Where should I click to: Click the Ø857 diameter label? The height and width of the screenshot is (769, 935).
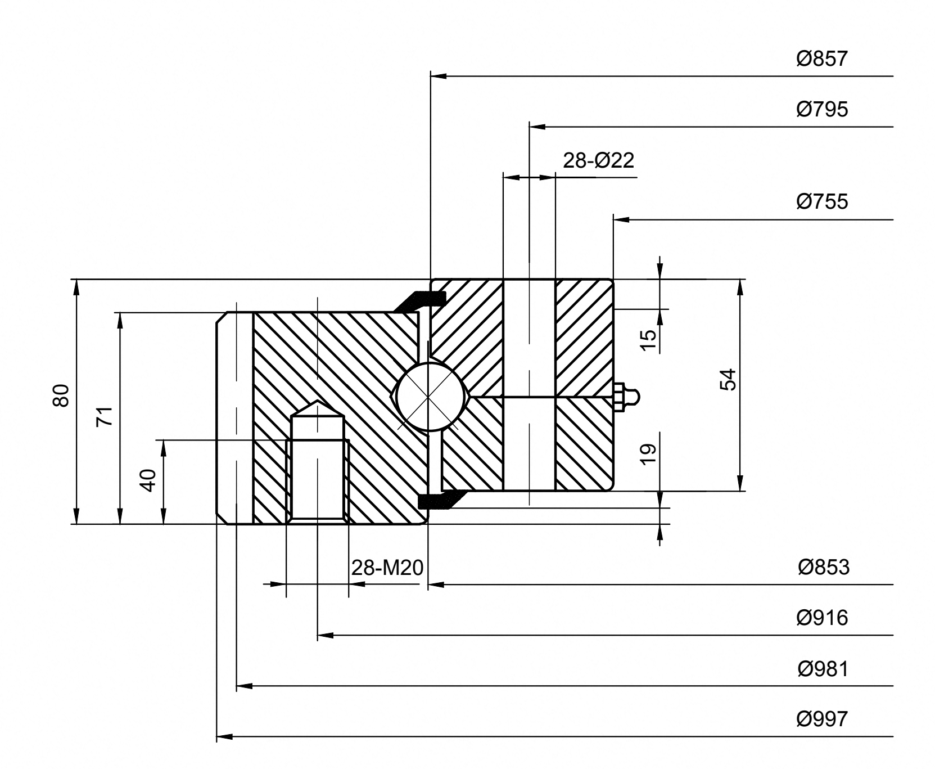point(821,59)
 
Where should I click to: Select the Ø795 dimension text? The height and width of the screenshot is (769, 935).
point(821,109)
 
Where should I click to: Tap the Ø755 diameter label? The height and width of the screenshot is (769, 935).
point(821,201)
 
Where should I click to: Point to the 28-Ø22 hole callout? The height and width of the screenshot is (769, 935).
point(598,161)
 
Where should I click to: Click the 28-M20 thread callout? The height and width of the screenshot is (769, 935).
point(387,568)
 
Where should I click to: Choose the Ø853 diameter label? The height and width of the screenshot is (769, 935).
point(823,567)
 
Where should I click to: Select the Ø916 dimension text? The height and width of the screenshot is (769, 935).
point(822,618)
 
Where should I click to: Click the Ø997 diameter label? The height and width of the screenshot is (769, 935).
point(821,719)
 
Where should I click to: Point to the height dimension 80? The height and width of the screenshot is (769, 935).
point(61,395)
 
